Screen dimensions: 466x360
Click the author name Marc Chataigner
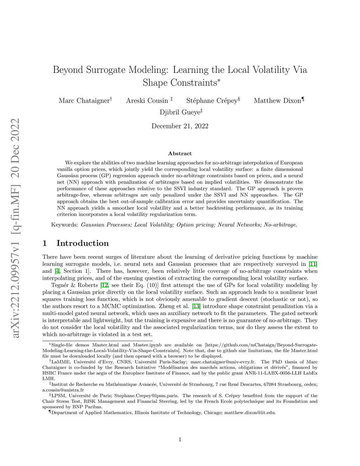pos(84,101)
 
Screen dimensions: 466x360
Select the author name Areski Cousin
pos(147,101)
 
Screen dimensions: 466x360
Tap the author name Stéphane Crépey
pos(212,101)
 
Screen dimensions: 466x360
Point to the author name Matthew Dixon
pos(277,101)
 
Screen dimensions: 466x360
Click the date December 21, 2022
pos(180,126)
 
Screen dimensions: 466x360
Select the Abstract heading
pos(180,153)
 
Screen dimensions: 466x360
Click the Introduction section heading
pos(82,243)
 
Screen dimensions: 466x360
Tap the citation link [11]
pos(313,264)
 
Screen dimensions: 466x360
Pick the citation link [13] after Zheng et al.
pos(196,306)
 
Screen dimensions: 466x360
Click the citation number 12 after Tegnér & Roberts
pos(104,285)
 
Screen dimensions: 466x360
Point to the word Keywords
pos(64,224)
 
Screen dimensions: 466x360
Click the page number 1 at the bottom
pos(180,439)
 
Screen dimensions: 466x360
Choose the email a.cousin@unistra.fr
pos(63,390)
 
